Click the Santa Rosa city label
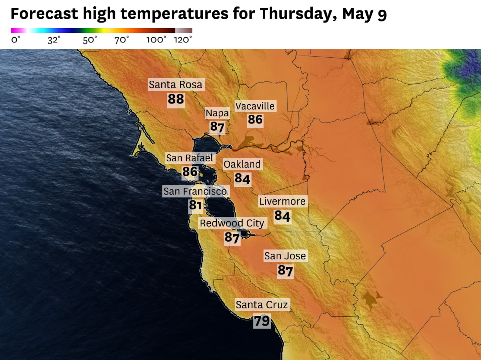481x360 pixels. tap(176, 85)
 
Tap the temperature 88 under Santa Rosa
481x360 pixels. tap(176, 99)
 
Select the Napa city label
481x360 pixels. tap(218, 113)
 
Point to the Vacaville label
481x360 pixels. tap(255, 106)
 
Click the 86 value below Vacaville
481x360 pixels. tap(255, 120)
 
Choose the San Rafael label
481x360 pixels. tap(189, 158)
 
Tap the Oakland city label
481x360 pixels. tap(242, 164)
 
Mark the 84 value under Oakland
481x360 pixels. tap(242, 179)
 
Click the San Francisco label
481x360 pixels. tap(195, 191)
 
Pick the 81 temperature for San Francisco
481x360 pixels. tap(195, 205)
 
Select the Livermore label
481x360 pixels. tap(282, 201)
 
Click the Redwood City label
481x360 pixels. tap(232, 223)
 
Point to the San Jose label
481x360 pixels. tap(285, 256)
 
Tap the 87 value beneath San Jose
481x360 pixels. tap(285, 271)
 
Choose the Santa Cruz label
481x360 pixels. tap(262, 305)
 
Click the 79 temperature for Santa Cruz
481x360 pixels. tap(262, 321)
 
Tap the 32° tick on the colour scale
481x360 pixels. tap(54, 40)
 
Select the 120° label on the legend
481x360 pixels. tap(183, 40)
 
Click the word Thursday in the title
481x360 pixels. tap(298, 14)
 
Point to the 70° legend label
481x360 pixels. tap(122, 40)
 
